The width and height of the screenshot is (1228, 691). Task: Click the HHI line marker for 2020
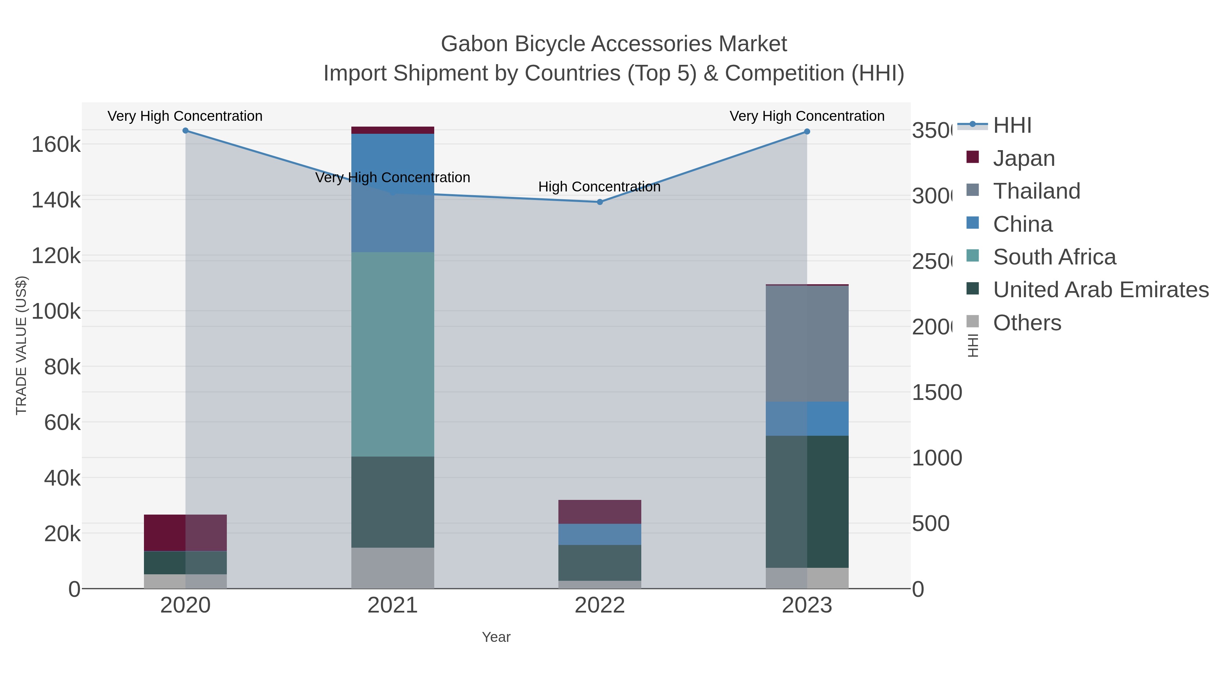186,131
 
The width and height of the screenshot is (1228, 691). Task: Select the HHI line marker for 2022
600,202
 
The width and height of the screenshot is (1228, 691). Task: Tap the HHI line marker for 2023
807,132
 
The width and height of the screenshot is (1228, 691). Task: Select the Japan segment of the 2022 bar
599,512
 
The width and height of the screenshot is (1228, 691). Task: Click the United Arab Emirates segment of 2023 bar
807,501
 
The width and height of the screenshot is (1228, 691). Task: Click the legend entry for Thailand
1036,191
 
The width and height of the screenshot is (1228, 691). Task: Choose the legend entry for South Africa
1054,257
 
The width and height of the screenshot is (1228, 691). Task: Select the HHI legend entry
1012,126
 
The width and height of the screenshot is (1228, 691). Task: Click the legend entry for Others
1027,323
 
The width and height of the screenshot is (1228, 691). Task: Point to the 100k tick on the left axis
56,312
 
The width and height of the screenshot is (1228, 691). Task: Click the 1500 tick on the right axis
937,392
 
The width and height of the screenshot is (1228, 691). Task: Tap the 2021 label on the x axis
392,605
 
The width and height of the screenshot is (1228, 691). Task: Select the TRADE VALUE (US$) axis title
21,345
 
